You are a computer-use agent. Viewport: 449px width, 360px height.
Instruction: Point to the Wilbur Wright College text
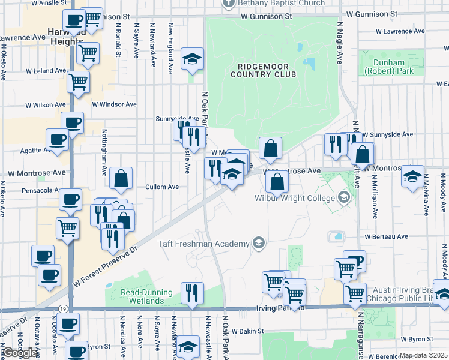click(x=294, y=198)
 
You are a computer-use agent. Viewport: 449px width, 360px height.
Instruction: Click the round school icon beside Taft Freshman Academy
click(x=258, y=243)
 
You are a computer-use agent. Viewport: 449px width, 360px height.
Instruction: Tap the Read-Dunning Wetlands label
click(x=146, y=297)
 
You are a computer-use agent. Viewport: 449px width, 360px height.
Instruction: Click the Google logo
click(x=20, y=353)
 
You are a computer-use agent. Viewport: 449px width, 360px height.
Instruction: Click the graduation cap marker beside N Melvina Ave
click(x=412, y=178)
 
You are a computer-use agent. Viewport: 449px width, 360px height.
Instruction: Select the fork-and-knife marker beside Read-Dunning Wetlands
click(x=192, y=294)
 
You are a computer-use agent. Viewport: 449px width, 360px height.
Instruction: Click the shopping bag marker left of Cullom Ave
click(x=121, y=178)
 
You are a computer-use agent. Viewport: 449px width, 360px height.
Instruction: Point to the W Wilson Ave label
click(x=46, y=105)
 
